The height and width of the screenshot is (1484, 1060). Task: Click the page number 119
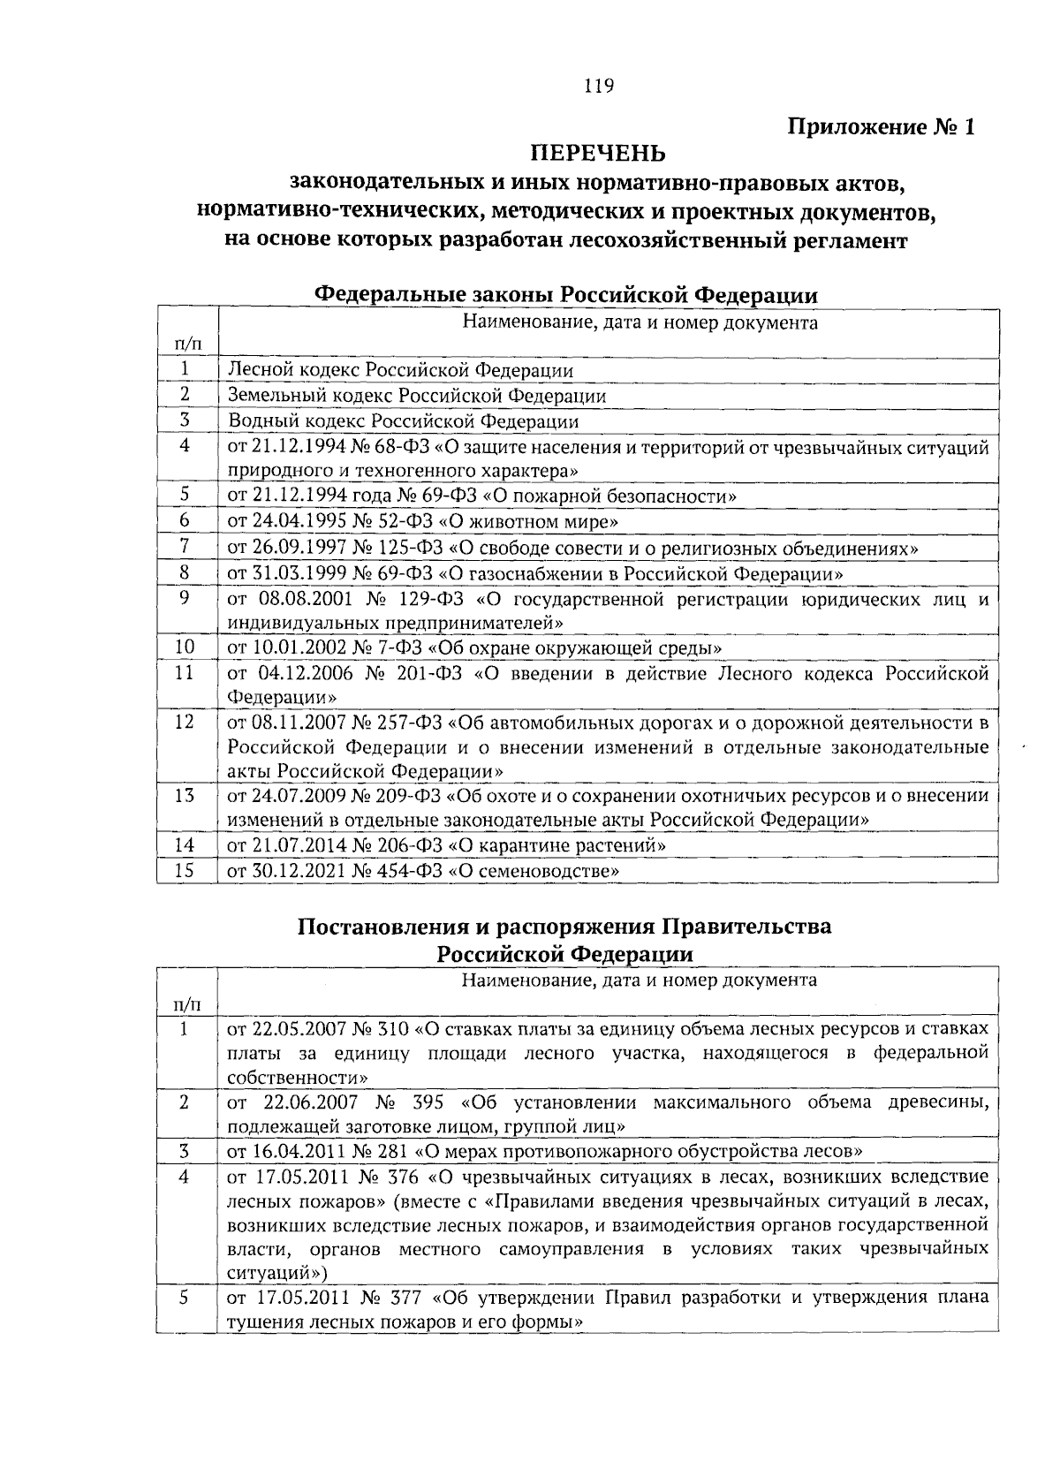(x=598, y=87)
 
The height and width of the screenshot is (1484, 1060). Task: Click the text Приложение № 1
(x=882, y=127)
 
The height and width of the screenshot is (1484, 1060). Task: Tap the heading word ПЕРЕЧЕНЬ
(x=598, y=155)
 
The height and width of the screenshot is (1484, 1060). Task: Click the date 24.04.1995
(x=291, y=522)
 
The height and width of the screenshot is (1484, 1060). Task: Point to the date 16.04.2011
(x=291, y=1151)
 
